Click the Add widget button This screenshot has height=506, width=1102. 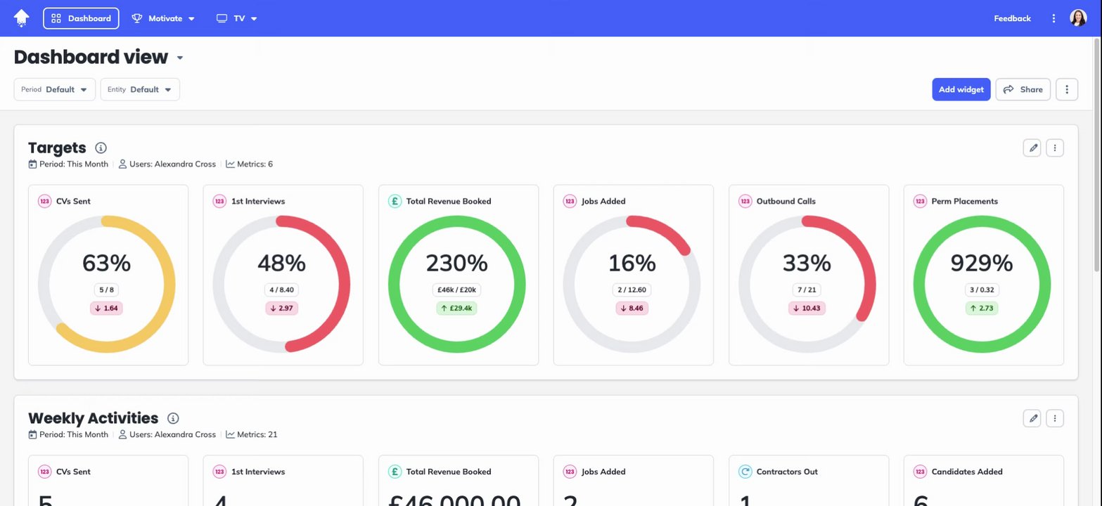pyautogui.click(x=961, y=89)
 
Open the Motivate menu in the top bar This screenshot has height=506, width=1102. pyautogui.click(x=164, y=18)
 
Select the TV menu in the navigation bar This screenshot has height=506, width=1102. pyautogui.click(x=237, y=18)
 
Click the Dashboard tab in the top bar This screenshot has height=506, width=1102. pyautogui.click(x=81, y=18)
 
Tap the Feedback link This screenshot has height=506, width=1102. pyautogui.click(x=1012, y=18)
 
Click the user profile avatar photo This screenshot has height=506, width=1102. pyautogui.click(x=1077, y=18)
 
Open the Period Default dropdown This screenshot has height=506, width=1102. pyautogui.click(x=55, y=89)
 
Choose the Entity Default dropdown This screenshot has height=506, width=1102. pyautogui.click(x=140, y=89)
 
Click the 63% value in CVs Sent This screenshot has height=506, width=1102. pyautogui.click(x=106, y=263)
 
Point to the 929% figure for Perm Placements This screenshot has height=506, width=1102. pyautogui.click(x=982, y=263)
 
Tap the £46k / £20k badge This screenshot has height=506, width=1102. pyautogui.click(x=457, y=290)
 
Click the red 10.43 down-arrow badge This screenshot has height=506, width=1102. pyautogui.click(x=807, y=308)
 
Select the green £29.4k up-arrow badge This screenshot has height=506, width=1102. pyautogui.click(x=457, y=308)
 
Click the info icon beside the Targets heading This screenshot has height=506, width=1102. pyautogui.click(x=101, y=148)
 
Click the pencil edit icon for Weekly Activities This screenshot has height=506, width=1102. pyautogui.click(x=1032, y=418)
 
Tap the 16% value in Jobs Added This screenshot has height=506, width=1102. pyautogui.click(x=632, y=263)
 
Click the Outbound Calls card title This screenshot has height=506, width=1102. pyautogui.click(x=786, y=201)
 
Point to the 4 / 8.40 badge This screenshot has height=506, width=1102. pyautogui.click(x=281, y=290)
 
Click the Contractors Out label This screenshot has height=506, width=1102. pyautogui.click(x=786, y=472)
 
